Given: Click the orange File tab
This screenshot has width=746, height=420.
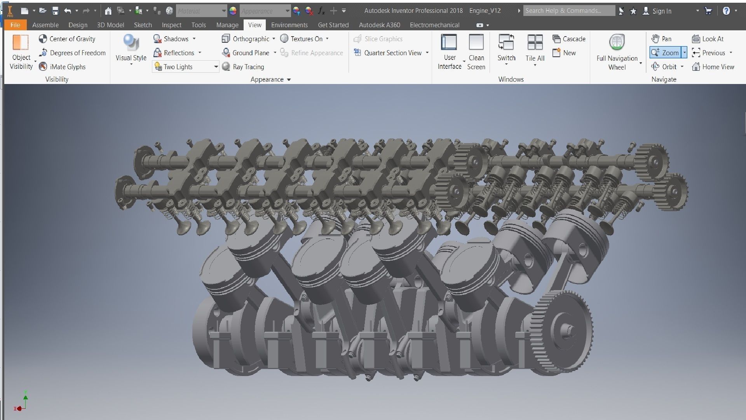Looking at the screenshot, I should point(15,25).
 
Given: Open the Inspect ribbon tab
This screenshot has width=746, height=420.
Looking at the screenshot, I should point(171,25).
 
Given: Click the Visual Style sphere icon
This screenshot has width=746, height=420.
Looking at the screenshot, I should point(131,43).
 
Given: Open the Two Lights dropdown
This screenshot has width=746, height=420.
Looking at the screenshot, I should point(216,67).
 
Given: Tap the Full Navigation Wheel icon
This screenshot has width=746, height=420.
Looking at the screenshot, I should point(617,43).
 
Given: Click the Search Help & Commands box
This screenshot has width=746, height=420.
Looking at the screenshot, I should point(568,11).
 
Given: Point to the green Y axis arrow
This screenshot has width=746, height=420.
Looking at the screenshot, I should point(26,397).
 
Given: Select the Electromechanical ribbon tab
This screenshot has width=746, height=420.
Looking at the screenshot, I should point(434,25).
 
